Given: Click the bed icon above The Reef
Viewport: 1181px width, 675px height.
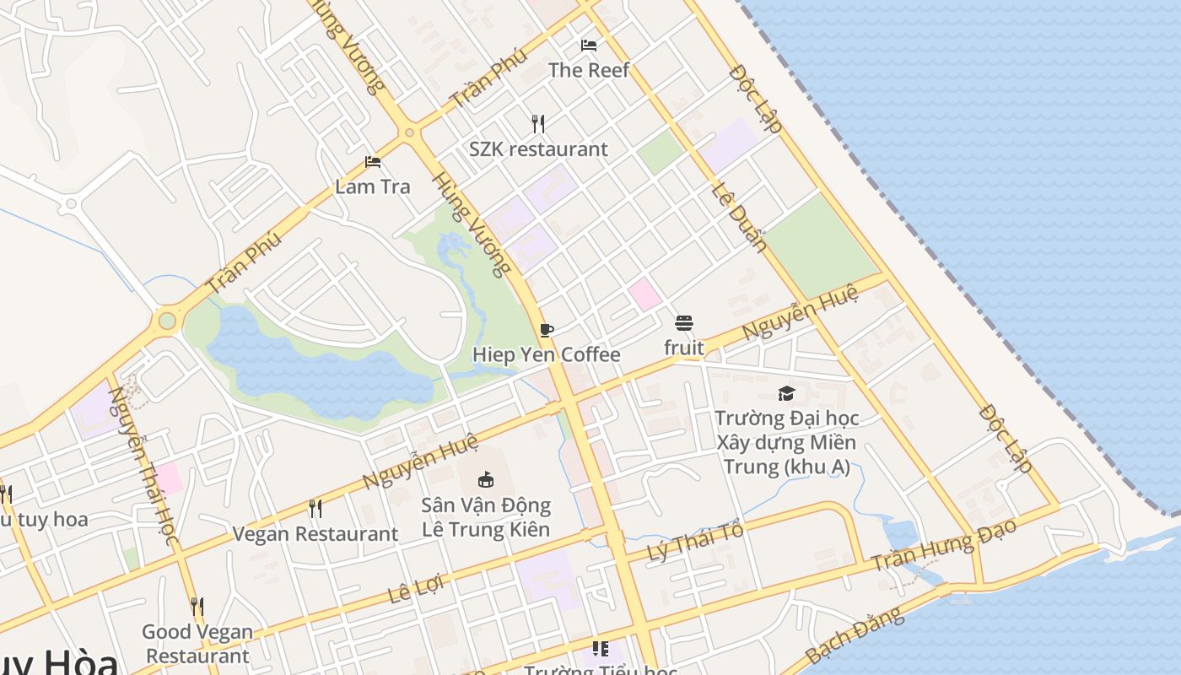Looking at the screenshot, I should [x=589, y=45].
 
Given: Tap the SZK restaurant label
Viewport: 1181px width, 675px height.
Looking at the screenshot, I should [x=538, y=149].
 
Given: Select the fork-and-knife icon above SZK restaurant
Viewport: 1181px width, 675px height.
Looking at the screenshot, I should [x=538, y=124].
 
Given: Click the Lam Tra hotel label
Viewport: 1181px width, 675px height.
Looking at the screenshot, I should [x=372, y=186].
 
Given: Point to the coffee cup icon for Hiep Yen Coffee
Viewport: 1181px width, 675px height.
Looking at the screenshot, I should [x=547, y=330].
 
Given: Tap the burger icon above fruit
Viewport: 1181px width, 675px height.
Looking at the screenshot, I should [x=684, y=323].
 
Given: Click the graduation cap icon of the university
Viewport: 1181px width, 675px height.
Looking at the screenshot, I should [x=786, y=393].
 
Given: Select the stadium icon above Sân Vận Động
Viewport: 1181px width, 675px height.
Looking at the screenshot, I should [x=486, y=479].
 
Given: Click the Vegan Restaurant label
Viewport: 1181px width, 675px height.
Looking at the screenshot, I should [x=315, y=534].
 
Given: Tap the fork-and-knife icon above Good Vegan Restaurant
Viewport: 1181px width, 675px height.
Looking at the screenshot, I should [x=197, y=607].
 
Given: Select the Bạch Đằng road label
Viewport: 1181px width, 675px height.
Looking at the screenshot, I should [x=855, y=634].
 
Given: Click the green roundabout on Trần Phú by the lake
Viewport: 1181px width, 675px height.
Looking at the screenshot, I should [x=167, y=321].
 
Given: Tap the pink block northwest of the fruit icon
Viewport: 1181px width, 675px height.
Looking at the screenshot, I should [x=644, y=294].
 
